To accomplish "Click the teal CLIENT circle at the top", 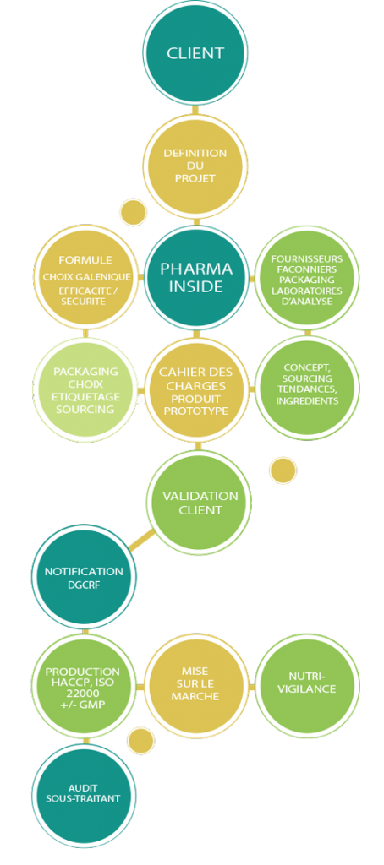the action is (x=195, y=53).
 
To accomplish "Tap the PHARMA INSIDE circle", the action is (x=196, y=277).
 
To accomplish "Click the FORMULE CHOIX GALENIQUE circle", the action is (x=85, y=277).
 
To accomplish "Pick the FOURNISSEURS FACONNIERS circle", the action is (x=307, y=277).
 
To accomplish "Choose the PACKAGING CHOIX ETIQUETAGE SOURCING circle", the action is (x=85, y=389).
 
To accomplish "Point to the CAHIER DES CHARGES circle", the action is (x=196, y=389).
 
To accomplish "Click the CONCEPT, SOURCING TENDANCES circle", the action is (x=307, y=389).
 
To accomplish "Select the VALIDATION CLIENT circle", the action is (x=199, y=502).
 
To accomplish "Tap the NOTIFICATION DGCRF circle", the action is (x=84, y=577).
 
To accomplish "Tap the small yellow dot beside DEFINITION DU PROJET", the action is (x=133, y=212).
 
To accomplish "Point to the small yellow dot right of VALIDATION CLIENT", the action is (x=283, y=471).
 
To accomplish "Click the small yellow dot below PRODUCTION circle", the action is (x=141, y=740).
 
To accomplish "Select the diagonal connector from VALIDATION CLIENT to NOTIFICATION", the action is (x=141, y=540).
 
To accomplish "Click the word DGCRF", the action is (x=84, y=585).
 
